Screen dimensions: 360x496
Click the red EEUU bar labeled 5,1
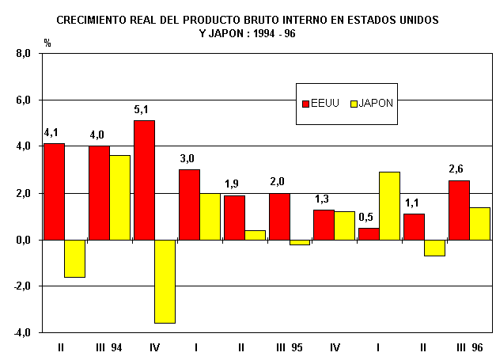[x=144, y=180]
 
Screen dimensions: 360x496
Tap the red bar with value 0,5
[x=369, y=233]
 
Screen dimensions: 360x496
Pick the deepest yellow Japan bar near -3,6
[x=165, y=281]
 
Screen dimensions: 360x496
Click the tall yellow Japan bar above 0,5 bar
[x=389, y=206]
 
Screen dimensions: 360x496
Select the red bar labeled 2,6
[x=458, y=210]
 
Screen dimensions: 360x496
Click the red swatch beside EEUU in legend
[x=305, y=103]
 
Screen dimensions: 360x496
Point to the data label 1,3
[x=324, y=198]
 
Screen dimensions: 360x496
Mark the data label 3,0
[x=188, y=158]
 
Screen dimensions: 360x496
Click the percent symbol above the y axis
[x=47, y=43]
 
